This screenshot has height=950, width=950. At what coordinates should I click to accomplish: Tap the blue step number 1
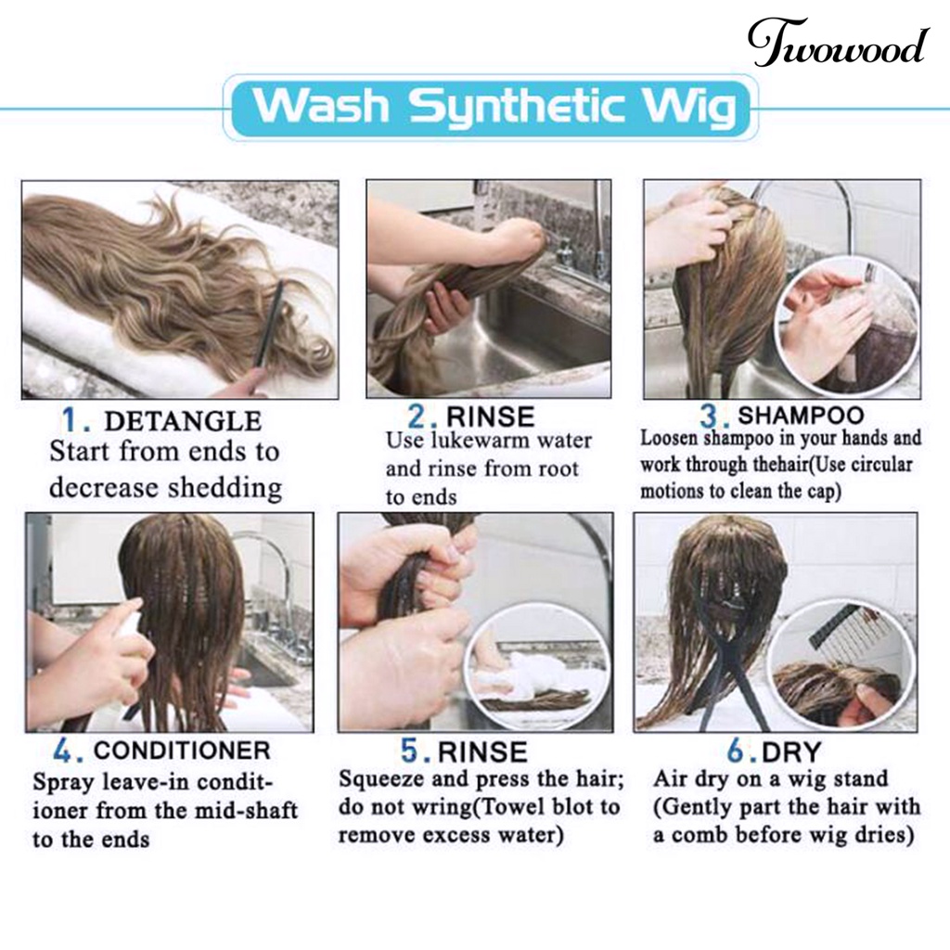[72, 420]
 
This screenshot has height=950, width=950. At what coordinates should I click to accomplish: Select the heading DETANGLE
[183, 421]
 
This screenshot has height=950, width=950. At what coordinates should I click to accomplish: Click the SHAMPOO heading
[801, 415]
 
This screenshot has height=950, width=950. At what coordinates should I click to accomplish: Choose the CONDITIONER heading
[182, 751]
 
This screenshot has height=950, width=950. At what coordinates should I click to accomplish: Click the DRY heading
[791, 752]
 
